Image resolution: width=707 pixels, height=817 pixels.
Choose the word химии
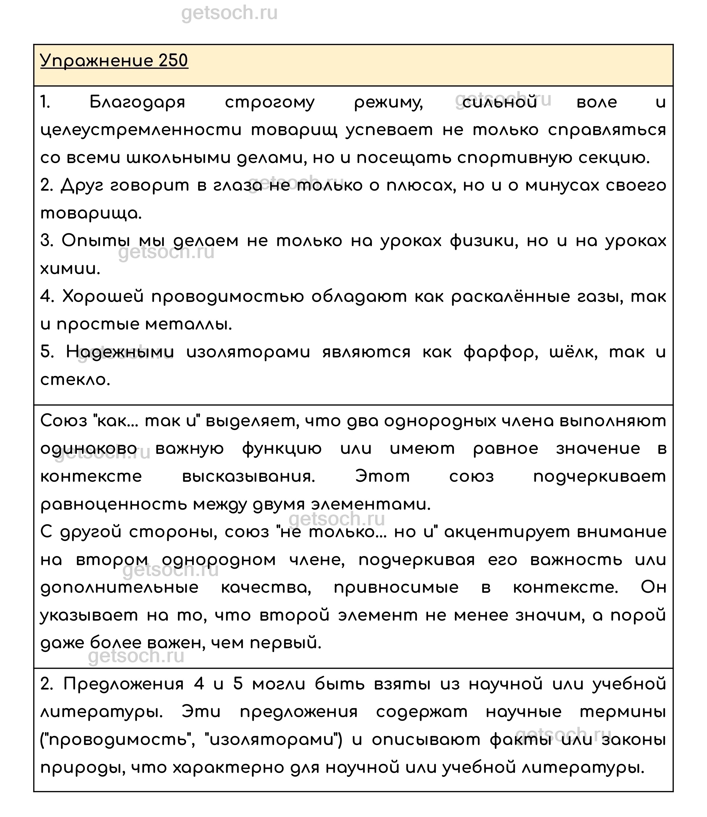click(x=70, y=269)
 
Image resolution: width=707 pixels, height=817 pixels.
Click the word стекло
click(x=75, y=380)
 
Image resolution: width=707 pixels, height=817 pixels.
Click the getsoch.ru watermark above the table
click(x=229, y=13)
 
